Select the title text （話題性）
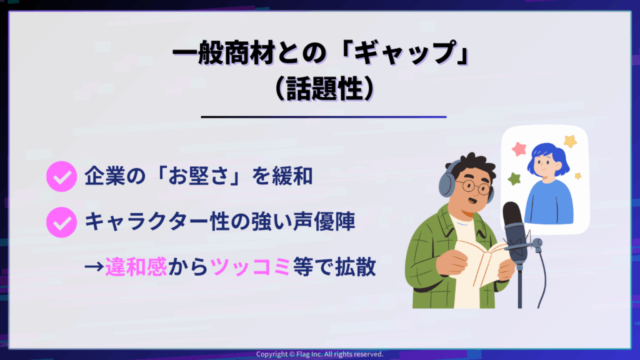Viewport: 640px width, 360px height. point(324,88)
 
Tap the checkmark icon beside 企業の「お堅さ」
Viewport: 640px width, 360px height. point(62,176)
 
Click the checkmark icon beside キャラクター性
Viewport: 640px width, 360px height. point(62,222)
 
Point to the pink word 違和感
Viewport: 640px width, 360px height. point(136,267)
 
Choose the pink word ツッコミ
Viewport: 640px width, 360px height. point(250,267)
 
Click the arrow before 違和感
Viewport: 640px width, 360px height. point(94,267)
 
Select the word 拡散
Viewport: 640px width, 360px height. point(355,267)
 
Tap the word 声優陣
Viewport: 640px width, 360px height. point(324,222)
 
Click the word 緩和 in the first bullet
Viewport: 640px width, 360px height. point(292,176)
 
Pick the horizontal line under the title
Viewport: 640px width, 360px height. point(324,117)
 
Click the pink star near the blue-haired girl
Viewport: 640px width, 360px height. point(519,149)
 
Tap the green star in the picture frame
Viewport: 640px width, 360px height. point(514,178)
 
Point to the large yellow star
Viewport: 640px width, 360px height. point(570,141)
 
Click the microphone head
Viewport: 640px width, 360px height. point(515,231)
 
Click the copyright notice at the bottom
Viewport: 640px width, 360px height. point(320,354)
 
